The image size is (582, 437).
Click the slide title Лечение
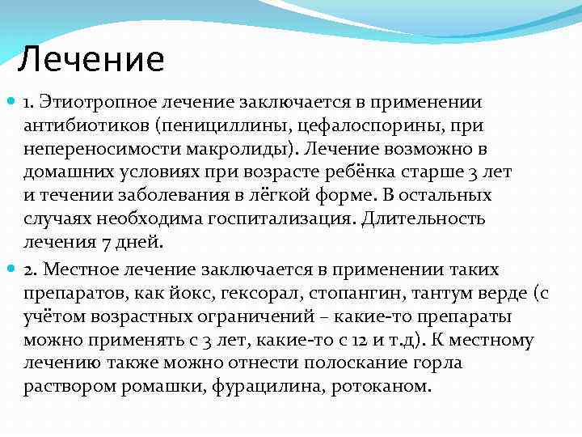[91, 59]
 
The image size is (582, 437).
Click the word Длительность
[425, 219]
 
